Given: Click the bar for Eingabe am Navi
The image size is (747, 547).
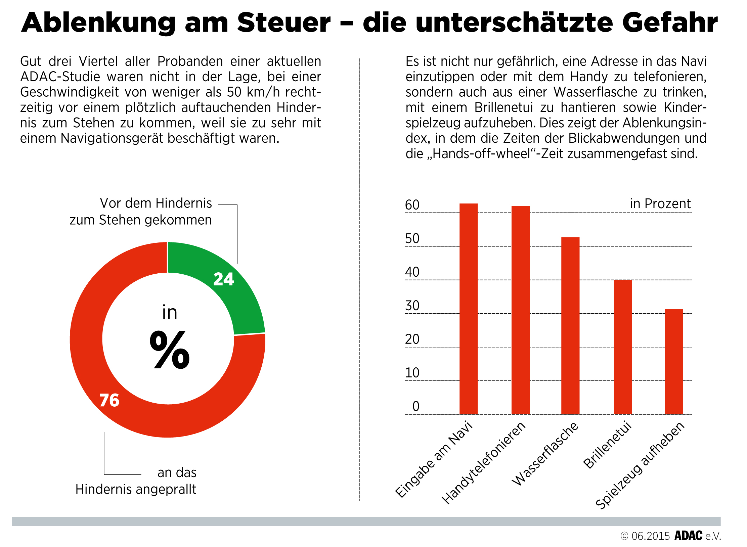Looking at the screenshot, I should click(x=469, y=309).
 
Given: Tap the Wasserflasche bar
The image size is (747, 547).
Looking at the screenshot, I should click(x=570, y=326).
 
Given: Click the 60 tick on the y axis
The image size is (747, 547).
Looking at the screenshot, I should click(x=412, y=205).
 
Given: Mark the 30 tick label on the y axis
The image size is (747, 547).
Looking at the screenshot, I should click(x=412, y=306).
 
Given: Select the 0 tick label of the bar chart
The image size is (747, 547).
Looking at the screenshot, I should click(x=416, y=406).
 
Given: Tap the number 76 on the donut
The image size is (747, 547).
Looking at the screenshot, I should click(x=109, y=400).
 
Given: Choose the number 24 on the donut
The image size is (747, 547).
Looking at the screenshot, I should click(x=224, y=279).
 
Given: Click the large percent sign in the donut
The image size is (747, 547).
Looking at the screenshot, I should click(x=170, y=350).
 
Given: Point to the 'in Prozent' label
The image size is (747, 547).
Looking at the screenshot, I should click(x=660, y=203).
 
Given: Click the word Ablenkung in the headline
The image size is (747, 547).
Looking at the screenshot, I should click(x=98, y=23).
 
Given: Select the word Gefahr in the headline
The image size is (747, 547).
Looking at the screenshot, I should click(x=670, y=23).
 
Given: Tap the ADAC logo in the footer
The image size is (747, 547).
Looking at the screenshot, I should click(x=688, y=536).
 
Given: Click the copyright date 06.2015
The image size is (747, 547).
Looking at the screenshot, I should click(x=651, y=536).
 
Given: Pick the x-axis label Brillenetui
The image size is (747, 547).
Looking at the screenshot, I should click(x=607, y=445).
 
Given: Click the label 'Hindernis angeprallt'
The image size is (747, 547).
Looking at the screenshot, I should click(x=136, y=489).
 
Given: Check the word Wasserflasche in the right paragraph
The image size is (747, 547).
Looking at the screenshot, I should click(x=595, y=92).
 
